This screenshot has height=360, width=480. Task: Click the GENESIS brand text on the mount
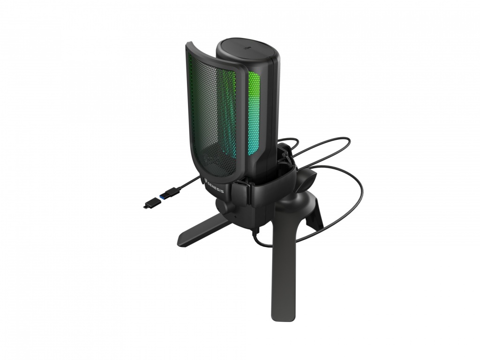coord(216,187)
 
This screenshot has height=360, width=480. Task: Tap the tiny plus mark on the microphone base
coord(235,217)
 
